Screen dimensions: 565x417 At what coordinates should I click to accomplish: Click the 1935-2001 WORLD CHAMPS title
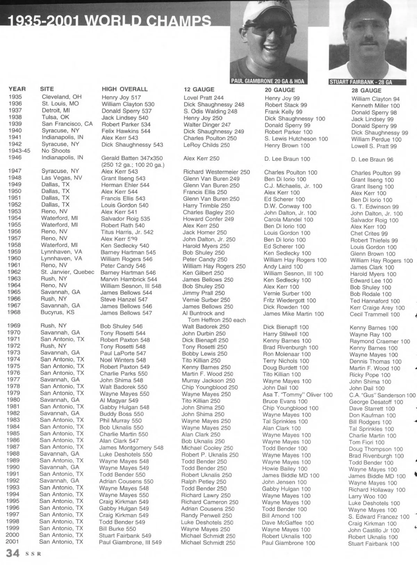click(x=109, y=22)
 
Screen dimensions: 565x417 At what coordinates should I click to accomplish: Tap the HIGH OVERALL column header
click(x=124, y=89)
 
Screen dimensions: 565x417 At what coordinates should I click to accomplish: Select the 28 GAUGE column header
click(x=366, y=90)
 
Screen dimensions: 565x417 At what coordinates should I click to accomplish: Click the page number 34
click(x=13, y=553)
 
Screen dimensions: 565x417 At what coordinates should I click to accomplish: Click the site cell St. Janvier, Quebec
click(x=67, y=272)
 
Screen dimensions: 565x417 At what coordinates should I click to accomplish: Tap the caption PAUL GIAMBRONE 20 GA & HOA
click(x=268, y=81)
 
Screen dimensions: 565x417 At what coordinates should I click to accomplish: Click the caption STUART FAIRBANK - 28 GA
click(x=361, y=82)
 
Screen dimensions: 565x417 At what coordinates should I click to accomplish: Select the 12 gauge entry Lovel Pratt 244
click(x=204, y=98)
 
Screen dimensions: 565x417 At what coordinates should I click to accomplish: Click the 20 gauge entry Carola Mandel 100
click(x=288, y=220)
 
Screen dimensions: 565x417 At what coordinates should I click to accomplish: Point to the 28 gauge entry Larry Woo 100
click(x=367, y=496)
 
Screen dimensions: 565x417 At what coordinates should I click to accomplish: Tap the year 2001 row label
click(x=12, y=542)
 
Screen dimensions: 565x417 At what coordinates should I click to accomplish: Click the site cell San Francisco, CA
click(x=67, y=124)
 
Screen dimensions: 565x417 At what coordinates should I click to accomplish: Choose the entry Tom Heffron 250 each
click(x=216, y=320)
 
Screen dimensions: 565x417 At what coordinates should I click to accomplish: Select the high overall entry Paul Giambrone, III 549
click(x=130, y=542)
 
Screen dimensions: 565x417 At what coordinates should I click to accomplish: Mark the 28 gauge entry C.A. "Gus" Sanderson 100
click(x=382, y=395)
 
